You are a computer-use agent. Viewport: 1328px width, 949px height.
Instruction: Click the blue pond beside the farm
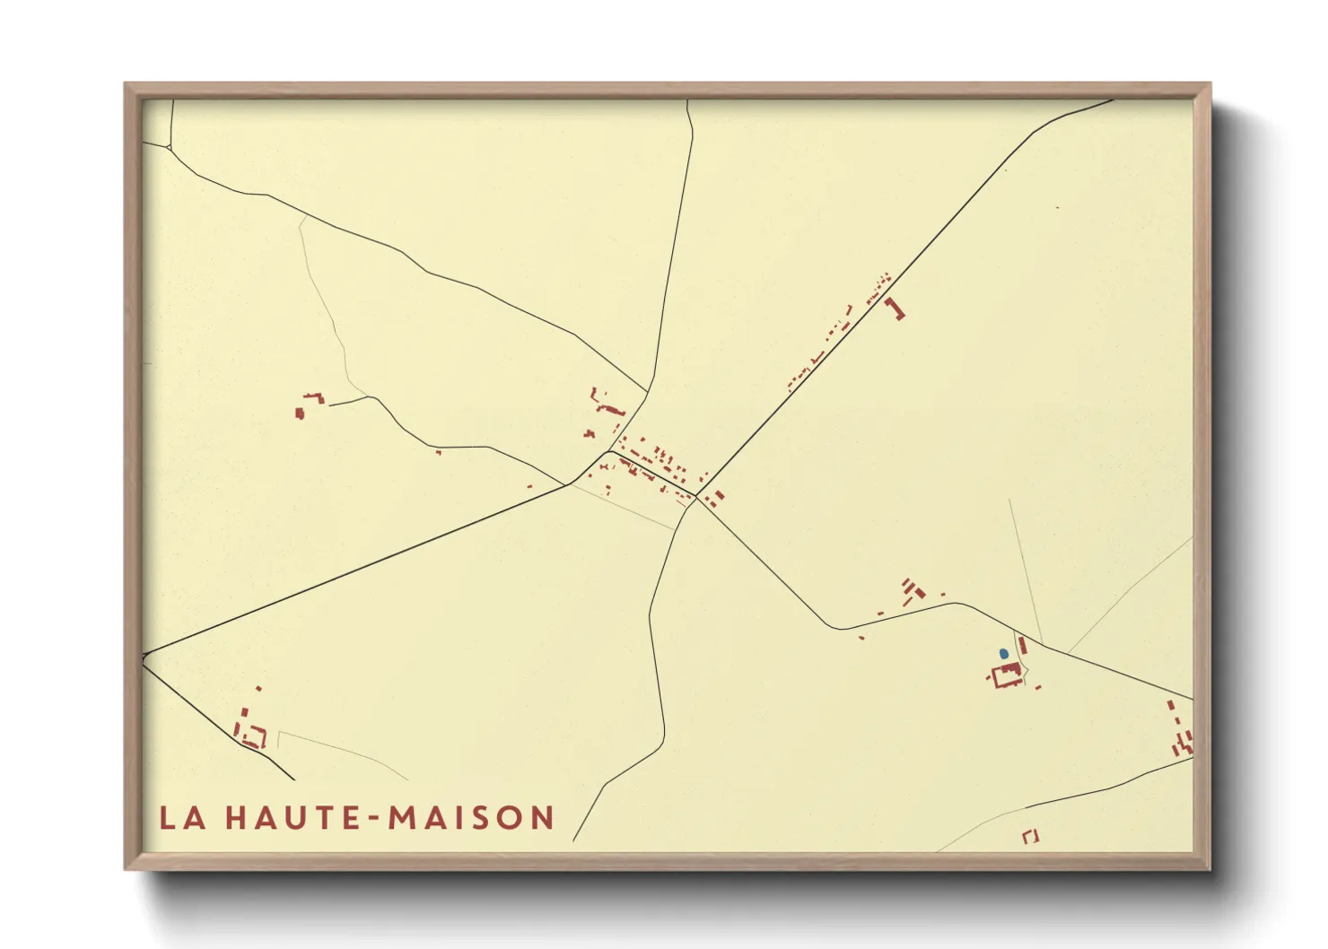coord(1003,654)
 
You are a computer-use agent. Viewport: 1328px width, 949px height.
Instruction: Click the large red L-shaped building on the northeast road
coord(895,309)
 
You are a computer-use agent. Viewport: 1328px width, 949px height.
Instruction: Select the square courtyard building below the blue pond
coord(1006,675)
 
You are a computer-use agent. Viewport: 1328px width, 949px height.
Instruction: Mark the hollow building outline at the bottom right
coord(1030,836)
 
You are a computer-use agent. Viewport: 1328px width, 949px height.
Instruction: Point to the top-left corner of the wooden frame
coord(127,85)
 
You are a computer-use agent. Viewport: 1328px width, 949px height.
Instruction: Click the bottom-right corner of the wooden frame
coord(1209,867)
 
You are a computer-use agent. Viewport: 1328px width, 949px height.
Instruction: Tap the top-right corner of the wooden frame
coord(1209,85)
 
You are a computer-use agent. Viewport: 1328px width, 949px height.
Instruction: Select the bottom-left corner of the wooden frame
coord(127,867)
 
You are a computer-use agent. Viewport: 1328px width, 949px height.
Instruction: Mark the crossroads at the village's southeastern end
coord(696,496)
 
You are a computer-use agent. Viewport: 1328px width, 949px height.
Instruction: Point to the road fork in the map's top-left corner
coord(170,146)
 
